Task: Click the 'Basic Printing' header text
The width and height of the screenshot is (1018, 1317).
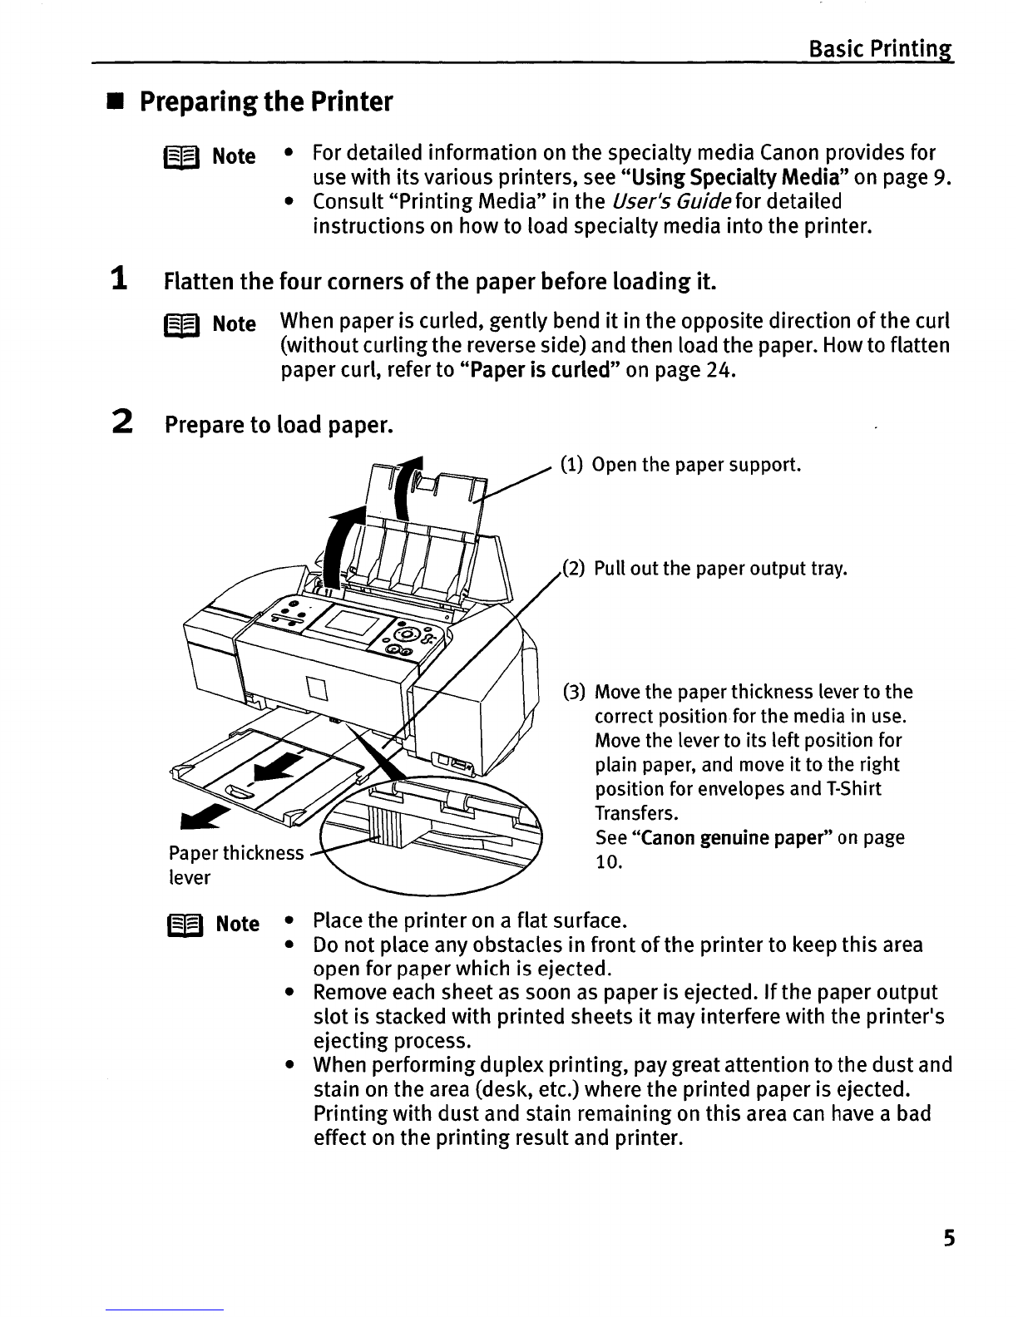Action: tap(881, 49)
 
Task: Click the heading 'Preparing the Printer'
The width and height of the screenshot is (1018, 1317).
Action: tap(266, 101)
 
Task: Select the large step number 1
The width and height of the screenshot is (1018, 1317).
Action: tap(120, 279)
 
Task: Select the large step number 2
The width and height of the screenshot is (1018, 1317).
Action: tap(122, 422)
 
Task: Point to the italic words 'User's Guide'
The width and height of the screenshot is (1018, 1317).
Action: tap(670, 202)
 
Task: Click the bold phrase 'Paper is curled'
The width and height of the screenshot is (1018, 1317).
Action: tap(540, 370)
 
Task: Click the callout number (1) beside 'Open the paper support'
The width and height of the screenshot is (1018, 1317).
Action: tap(571, 465)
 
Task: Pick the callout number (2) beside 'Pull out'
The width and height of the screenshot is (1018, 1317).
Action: tap(574, 569)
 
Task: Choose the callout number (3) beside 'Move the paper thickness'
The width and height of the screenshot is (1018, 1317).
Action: tap(574, 692)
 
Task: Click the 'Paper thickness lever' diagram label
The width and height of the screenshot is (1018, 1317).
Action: tap(236, 865)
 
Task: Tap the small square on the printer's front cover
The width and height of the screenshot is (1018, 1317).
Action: tap(317, 688)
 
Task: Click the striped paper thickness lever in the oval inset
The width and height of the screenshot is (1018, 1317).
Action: tap(384, 826)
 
